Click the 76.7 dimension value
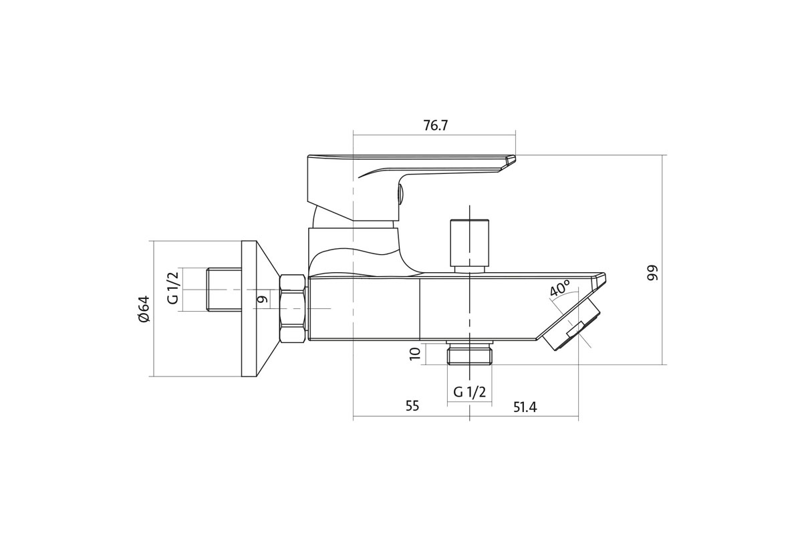(x=435, y=126)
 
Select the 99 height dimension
(x=653, y=273)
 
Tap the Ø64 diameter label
(x=144, y=309)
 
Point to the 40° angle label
(x=560, y=288)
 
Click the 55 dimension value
(x=412, y=406)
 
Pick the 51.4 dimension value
(x=525, y=407)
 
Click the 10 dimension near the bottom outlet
(x=414, y=354)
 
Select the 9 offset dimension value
(x=263, y=299)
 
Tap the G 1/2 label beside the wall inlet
(x=173, y=288)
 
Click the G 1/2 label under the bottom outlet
(x=469, y=393)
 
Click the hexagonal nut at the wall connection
(x=293, y=309)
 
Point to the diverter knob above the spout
(x=469, y=246)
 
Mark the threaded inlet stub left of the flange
(x=224, y=289)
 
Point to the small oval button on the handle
(x=400, y=196)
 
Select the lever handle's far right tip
(x=515, y=156)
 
